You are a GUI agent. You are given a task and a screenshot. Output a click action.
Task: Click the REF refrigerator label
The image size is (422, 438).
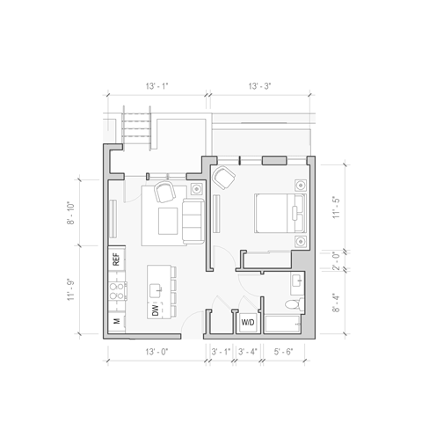pyautogui.click(x=114, y=259)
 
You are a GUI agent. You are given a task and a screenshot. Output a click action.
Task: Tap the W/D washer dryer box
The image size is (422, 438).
pyautogui.click(x=248, y=324)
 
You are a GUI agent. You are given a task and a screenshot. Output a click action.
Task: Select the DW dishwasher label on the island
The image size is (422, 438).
pyautogui.click(x=155, y=310)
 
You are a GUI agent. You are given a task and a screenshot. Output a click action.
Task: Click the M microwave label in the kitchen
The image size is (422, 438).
pyautogui.click(x=115, y=323)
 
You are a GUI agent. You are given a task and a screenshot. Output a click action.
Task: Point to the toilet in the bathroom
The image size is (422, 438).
pyautogui.click(x=296, y=304)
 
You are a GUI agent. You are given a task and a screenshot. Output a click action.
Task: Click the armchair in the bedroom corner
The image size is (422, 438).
pyautogui.click(x=223, y=179)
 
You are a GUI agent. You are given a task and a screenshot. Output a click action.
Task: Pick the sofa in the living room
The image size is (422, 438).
pyautogui.click(x=193, y=219)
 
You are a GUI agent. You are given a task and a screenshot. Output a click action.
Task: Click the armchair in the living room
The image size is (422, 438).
pyautogui.click(x=164, y=192)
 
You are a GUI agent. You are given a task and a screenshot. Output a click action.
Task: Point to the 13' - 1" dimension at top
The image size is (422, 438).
pyautogui.click(x=156, y=86)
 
